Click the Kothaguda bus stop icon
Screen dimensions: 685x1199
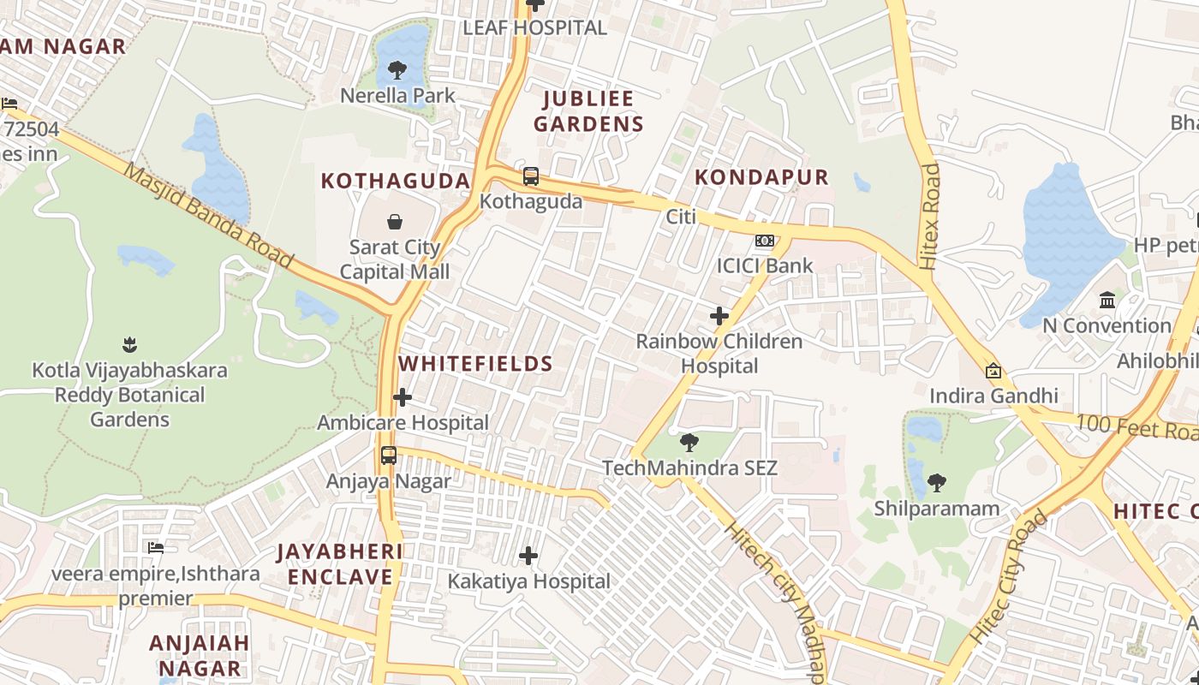[531, 176]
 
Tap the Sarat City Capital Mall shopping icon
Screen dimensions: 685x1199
[395, 223]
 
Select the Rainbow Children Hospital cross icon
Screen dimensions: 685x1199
[719, 316]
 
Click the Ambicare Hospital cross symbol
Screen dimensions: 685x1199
[403, 397]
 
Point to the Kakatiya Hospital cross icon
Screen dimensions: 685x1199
[528, 557]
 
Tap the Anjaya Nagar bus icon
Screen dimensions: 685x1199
[389, 456]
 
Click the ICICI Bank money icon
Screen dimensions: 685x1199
[765, 241]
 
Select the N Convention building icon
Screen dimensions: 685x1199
[1107, 301]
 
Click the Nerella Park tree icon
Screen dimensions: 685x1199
[397, 70]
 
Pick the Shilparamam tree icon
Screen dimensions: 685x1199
[937, 483]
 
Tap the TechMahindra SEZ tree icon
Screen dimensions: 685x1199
[689, 443]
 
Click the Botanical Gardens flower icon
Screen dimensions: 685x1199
[129, 345]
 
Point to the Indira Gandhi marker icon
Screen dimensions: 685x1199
[993, 371]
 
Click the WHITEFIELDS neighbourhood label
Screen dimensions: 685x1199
[475, 364]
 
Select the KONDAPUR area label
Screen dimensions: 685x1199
[761, 177]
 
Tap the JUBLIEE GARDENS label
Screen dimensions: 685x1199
[588, 111]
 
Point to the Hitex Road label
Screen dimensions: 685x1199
[929, 217]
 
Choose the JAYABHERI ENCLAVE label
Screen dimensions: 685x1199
[340, 564]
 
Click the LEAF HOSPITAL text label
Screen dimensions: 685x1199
[534, 27]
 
